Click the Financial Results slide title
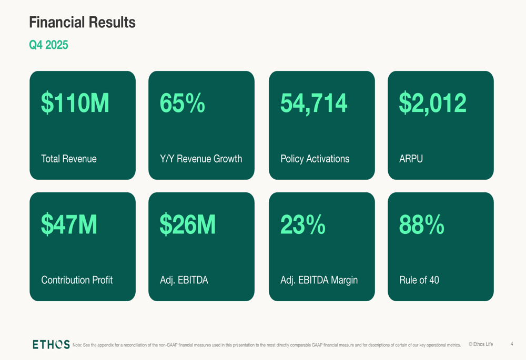click(x=82, y=23)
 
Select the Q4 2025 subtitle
click(x=48, y=45)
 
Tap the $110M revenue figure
click(x=75, y=103)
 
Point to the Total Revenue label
click(x=69, y=159)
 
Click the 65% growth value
click(x=183, y=103)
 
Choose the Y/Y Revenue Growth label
click(x=201, y=159)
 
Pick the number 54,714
click(x=313, y=103)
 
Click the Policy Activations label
click(x=315, y=159)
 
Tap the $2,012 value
click(x=432, y=103)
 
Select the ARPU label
click(x=411, y=159)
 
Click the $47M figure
click(x=69, y=224)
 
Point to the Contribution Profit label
click(x=77, y=280)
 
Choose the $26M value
click(x=188, y=224)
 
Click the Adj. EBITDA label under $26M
click(x=184, y=280)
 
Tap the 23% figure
click(x=303, y=224)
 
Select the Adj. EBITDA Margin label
click(x=319, y=280)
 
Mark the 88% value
click(x=422, y=224)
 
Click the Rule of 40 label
click(x=419, y=280)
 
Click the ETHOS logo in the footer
click(x=50, y=344)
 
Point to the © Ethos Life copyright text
click(x=481, y=344)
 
